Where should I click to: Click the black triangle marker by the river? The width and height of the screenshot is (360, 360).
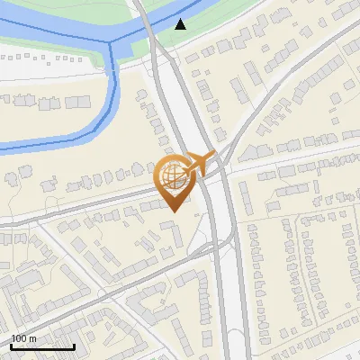click(181, 23)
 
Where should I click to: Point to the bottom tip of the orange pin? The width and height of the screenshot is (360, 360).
click(173, 211)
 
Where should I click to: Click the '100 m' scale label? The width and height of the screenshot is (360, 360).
click(23, 338)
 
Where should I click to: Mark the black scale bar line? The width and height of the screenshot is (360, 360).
click(42, 346)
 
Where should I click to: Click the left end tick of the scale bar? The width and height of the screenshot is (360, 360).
click(11, 346)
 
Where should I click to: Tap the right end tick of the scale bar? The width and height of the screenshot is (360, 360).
click(74, 346)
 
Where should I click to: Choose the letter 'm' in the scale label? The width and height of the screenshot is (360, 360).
click(32, 338)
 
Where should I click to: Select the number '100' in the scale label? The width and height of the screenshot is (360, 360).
click(19, 338)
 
